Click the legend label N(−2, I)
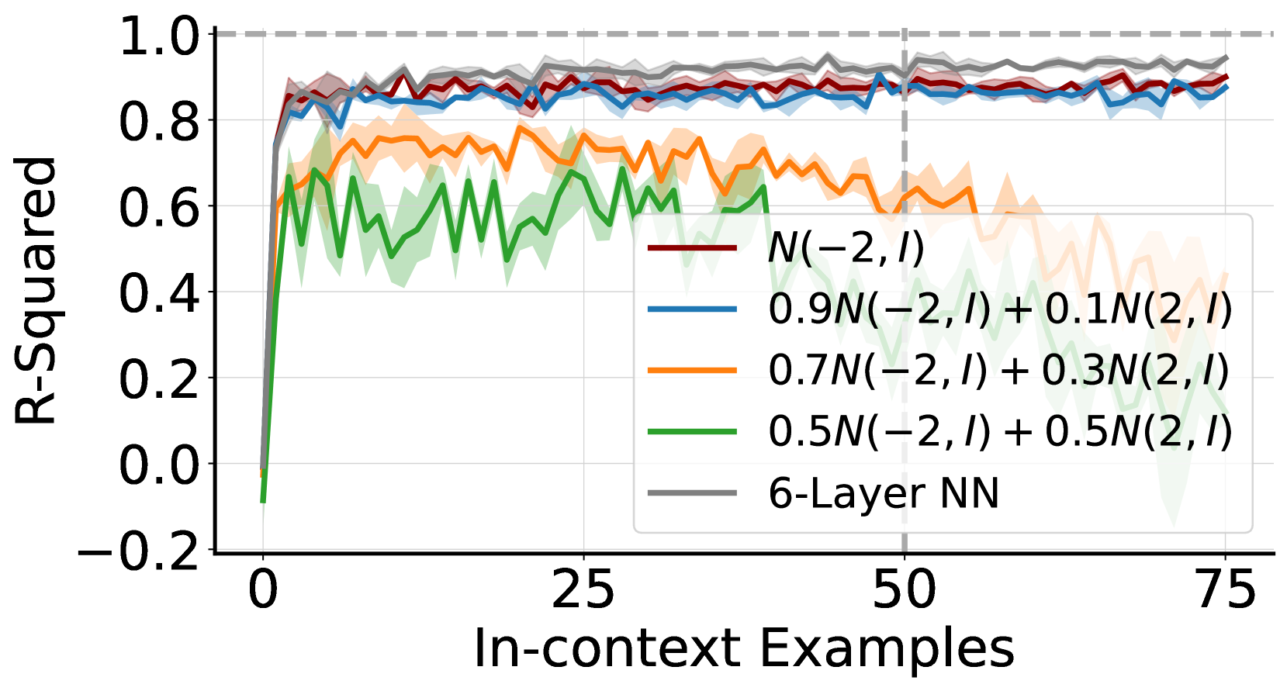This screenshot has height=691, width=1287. coord(846,249)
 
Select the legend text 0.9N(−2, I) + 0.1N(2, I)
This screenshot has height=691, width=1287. coord(999,309)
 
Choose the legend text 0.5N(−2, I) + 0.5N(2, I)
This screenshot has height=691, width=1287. coord(999,431)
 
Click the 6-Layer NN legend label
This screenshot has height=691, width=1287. coord(883,493)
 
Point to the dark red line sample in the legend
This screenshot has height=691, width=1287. coord(692,248)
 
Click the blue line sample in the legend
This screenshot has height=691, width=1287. coord(692,309)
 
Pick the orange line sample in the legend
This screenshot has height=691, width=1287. coord(692,370)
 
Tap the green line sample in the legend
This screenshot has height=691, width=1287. coord(692,431)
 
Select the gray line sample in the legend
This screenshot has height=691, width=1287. coord(692,492)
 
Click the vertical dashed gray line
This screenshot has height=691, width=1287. coord(904,155)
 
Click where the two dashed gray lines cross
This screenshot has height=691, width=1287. coord(904,34)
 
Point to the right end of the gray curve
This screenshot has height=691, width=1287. coord(1226,58)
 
